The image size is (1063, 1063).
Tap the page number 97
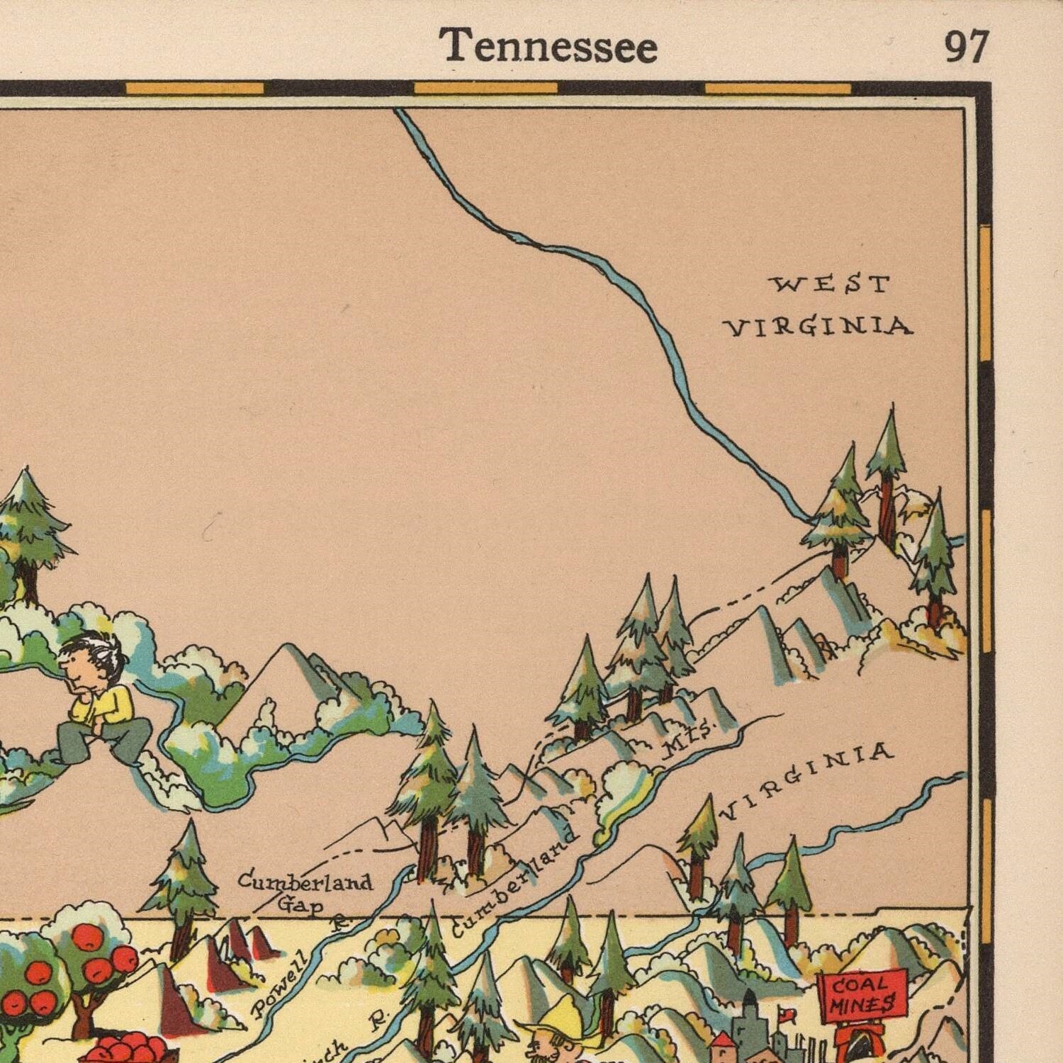(965, 47)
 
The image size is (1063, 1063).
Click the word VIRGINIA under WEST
(818, 327)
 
